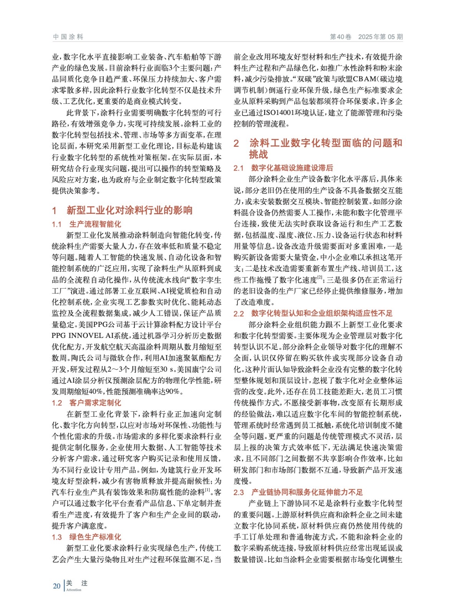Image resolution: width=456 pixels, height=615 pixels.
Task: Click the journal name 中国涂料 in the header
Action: [x=68, y=37]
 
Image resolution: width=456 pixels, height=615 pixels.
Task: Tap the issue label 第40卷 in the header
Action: [x=340, y=37]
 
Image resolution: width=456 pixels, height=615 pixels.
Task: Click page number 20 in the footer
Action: [x=57, y=586]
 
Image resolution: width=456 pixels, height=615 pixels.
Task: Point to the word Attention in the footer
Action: [x=74, y=590]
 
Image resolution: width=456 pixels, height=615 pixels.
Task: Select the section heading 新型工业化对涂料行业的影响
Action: [x=129, y=210]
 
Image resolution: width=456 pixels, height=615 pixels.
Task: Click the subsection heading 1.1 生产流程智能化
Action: [x=86, y=224]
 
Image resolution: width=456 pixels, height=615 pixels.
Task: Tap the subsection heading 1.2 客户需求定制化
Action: [x=86, y=403]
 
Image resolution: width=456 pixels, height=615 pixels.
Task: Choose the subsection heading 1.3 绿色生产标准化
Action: [x=86, y=537]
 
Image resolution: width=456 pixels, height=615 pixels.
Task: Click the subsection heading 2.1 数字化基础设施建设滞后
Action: [x=283, y=168]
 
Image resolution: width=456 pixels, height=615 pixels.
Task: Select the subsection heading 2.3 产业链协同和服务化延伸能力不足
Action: [x=298, y=492]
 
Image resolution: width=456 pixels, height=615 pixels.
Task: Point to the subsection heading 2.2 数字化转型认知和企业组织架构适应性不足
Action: [x=313, y=314]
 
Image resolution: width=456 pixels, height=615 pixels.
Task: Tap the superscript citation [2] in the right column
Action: [x=320, y=278]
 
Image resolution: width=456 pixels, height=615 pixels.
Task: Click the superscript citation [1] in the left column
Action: [x=207, y=490]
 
